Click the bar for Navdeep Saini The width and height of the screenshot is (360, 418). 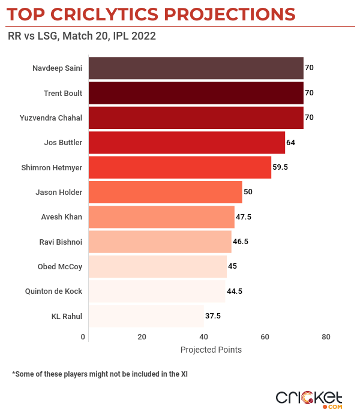coord(196,68)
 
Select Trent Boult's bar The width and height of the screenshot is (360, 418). coord(196,93)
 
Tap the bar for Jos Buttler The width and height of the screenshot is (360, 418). coord(187,143)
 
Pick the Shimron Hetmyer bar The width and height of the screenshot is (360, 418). coord(179,167)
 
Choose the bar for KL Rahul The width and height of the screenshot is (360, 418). coord(146,315)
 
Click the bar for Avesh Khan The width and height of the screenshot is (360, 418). coord(161,216)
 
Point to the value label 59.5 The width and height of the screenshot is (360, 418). coord(280,167)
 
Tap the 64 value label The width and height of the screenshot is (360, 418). coord(291,143)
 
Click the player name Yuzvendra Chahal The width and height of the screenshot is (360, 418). coord(51,118)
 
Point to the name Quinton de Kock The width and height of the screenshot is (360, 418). coord(53,291)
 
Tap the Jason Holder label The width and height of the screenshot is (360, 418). coord(59,192)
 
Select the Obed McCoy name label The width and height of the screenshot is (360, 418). coord(60,266)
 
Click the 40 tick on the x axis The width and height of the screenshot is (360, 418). coord(203,336)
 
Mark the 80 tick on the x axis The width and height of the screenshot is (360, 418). coord(326,336)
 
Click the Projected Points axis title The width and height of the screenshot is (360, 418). coord(211,350)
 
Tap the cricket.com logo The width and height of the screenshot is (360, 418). coord(309,399)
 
